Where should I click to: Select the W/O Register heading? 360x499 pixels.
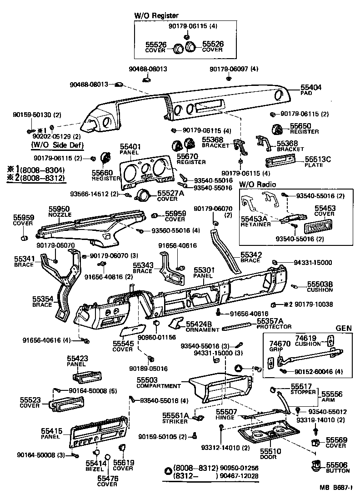click(156, 16)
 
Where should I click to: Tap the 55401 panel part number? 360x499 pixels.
click(130, 147)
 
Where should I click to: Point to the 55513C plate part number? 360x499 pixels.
click(318, 160)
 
